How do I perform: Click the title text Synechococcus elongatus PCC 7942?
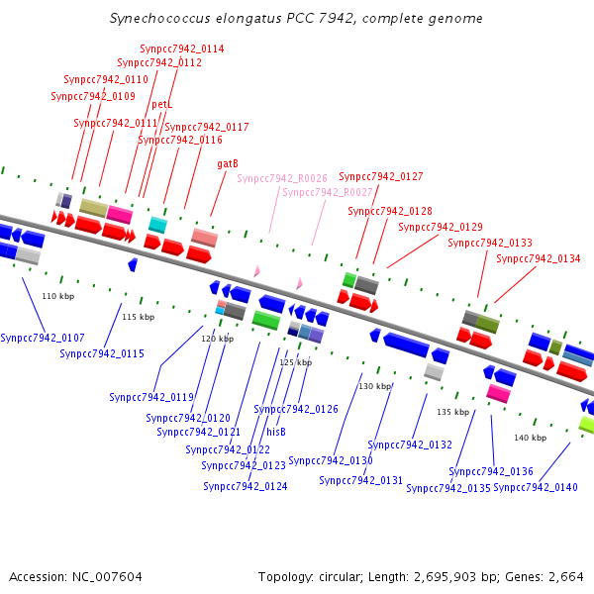pos(297,19)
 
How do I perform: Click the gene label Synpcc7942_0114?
pos(181,49)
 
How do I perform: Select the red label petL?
pos(162,104)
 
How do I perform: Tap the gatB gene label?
pos(227,164)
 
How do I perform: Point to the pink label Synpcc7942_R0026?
pos(281,178)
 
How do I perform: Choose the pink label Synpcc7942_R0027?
pos(327,192)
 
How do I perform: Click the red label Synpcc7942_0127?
pos(381,176)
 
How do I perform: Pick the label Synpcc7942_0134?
pos(538,259)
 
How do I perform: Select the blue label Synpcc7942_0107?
pos(42,338)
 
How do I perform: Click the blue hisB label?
pos(276,432)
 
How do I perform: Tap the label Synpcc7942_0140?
pos(535,487)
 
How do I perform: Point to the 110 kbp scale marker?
pos(57,296)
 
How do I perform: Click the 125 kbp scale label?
pos(295,362)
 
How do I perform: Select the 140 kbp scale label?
pos(530,437)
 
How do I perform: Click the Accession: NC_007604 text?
pos(75,576)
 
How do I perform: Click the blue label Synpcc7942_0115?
pos(101,353)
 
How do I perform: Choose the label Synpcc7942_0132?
pos(410,445)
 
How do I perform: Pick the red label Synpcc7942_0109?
pos(92,96)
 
